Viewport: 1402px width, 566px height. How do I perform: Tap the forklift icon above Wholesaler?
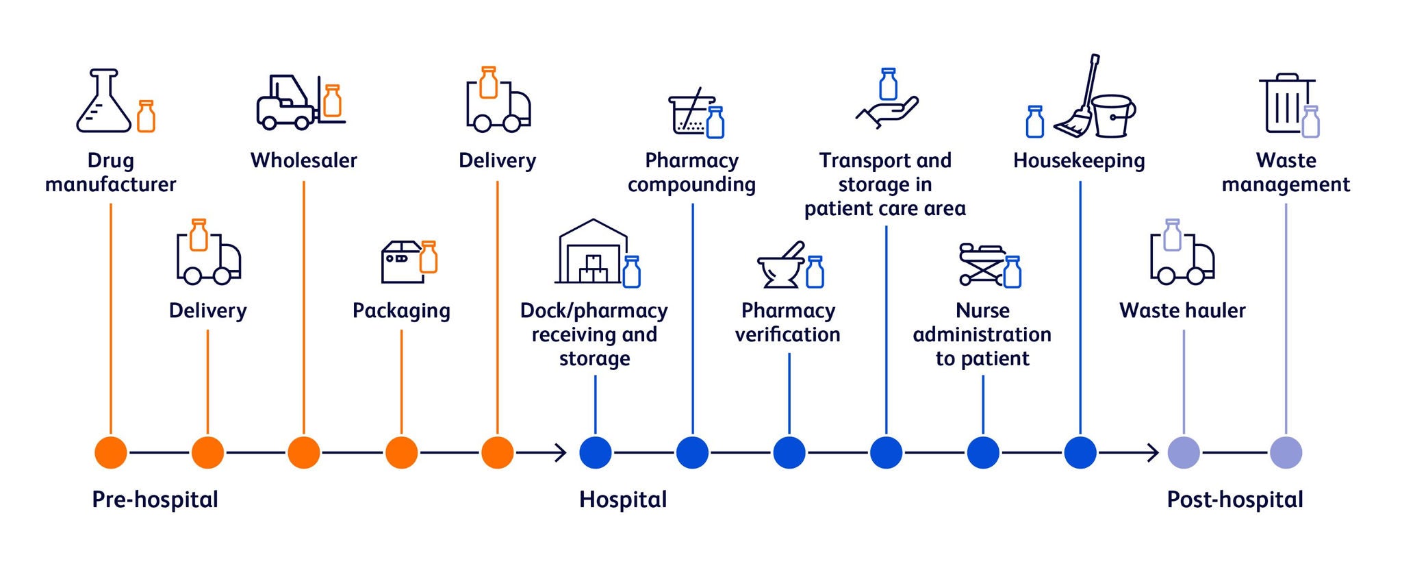285,103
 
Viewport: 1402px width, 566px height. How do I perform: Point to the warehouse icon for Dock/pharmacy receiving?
592,252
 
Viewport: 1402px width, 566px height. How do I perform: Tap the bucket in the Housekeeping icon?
1113,116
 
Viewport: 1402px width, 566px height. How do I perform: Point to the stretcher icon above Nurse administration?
980,264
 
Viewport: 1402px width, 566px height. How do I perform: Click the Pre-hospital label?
155,500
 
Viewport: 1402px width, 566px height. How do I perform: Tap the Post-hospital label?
1235,500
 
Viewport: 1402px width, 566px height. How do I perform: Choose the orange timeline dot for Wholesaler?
304,453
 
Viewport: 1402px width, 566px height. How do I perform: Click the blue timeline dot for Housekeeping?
1080,453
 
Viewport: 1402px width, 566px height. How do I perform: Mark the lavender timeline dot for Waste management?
1286,453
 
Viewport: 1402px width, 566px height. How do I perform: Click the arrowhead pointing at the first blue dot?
561,453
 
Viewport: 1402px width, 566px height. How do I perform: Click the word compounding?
691,184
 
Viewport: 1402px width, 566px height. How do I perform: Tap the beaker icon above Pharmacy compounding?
691,114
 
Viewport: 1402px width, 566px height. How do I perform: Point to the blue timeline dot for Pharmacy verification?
789,453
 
